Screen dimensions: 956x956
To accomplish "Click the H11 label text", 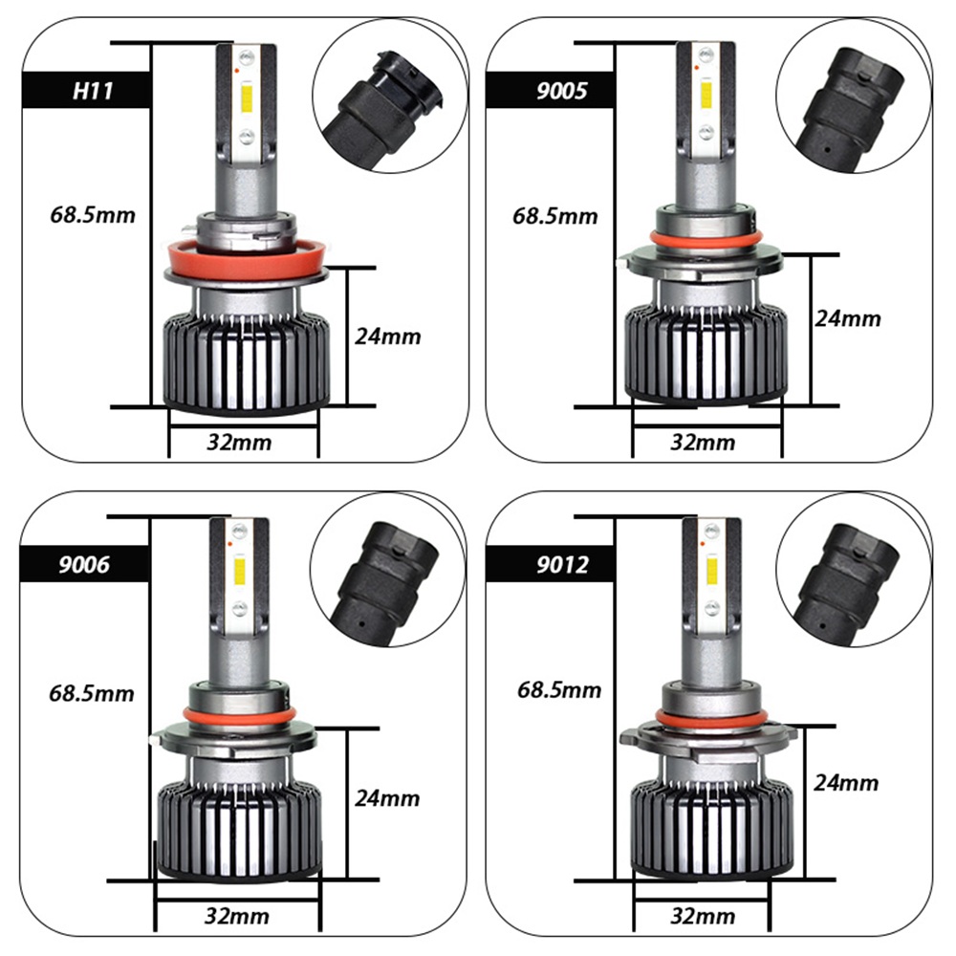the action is (93, 91).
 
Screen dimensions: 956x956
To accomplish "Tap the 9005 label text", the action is (561, 91).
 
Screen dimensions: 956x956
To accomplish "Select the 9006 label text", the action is (84, 564).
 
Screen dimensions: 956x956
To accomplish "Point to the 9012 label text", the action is (562, 564).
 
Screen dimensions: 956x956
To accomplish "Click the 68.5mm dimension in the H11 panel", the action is (93, 214).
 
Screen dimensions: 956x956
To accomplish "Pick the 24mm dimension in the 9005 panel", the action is (847, 318).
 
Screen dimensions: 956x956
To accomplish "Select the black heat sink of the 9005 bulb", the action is (706, 353).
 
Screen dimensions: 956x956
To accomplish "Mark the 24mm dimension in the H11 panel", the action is (388, 336).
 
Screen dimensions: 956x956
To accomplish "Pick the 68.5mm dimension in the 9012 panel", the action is (559, 689).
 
